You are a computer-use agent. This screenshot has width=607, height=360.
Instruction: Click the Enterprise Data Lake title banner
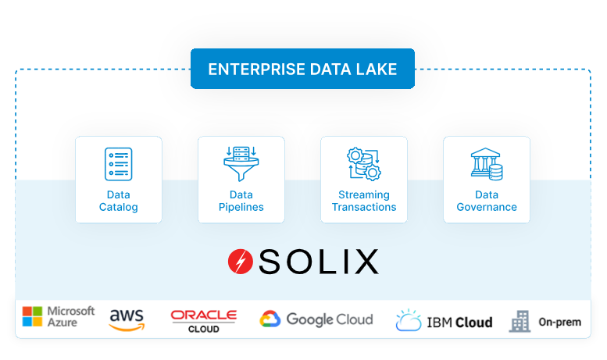click(302, 69)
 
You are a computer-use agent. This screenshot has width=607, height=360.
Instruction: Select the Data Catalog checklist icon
click(119, 164)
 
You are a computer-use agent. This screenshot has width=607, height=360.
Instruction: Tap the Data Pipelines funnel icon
click(241, 164)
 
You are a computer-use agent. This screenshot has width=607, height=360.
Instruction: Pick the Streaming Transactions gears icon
click(363, 164)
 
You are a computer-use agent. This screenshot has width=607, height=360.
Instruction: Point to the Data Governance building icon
click(486, 164)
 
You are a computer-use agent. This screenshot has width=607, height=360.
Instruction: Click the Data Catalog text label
click(119, 201)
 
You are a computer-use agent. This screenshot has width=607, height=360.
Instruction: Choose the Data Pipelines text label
click(241, 201)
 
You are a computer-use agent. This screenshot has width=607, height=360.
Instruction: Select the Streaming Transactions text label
click(363, 201)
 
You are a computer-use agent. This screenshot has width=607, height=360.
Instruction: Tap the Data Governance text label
click(486, 201)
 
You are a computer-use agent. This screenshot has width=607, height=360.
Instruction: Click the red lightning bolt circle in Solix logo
click(240, 262)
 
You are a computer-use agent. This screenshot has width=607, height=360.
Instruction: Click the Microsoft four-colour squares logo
click(32, 316)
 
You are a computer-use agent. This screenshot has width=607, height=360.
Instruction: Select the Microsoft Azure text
click(71, 316)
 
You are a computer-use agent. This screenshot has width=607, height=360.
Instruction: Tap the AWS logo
click(127, 319)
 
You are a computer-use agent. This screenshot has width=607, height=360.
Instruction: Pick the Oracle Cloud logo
click(203, 319)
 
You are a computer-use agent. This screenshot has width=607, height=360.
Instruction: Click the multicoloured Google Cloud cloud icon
click(270, 319)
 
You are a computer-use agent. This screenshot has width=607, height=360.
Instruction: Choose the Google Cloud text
click(329, 319)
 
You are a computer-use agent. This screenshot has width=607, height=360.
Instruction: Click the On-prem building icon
click(520, 321)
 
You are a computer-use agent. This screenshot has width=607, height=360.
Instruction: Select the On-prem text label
click(559, 322)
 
